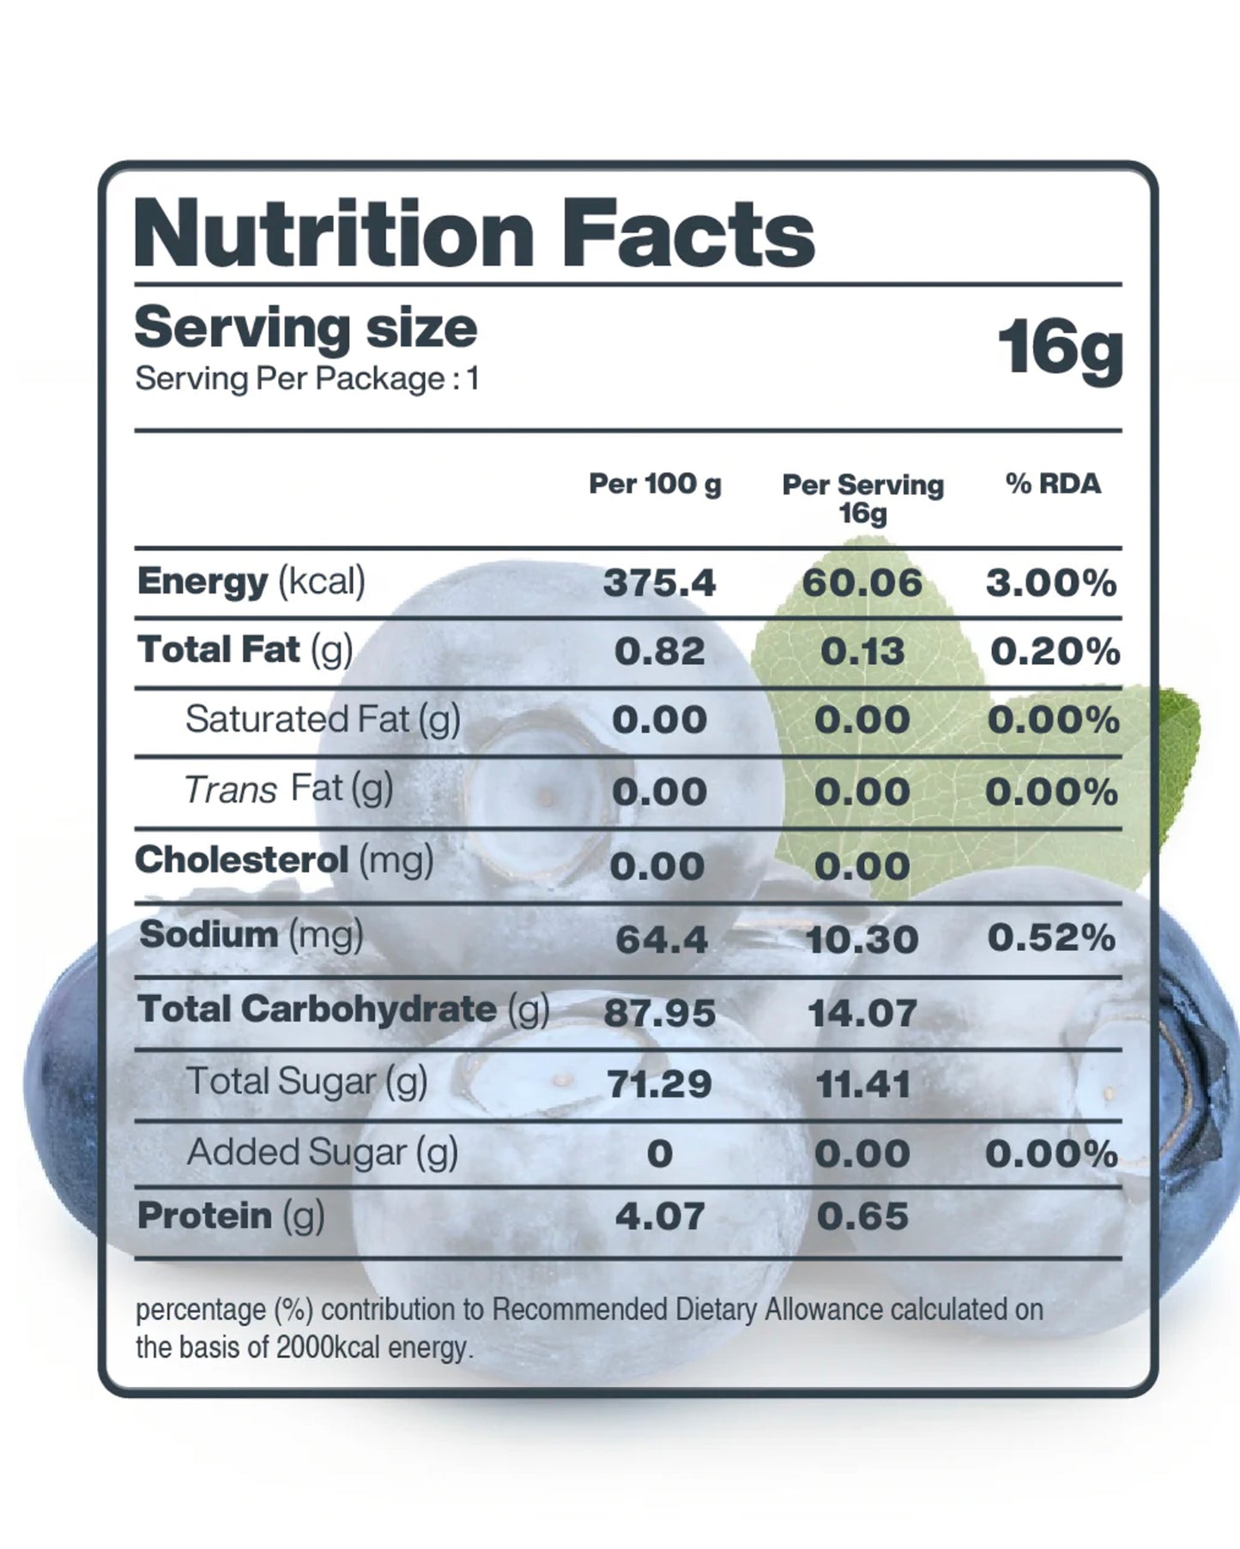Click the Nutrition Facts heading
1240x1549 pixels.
click(x=474, y=233)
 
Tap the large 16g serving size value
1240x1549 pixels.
click(x=1060, y=347)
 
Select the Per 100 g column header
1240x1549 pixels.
click(x=655, y=484)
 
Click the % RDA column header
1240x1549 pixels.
click(x=1053, y=484)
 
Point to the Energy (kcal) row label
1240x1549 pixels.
click(x=251, y=582)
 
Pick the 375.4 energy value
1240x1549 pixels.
click(x=659, y=583)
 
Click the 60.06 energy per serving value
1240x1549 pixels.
click(x=862, y=583)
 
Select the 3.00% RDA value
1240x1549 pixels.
click(x=1051, y=583)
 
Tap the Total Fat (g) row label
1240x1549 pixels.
click(x=245, y=650)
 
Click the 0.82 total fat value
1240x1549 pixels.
click(x=659, y=652)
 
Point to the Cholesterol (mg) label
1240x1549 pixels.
click(x=284, y=860)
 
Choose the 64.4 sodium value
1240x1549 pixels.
click(x=661, y=940)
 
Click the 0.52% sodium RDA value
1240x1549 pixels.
click(x=1051, y=938)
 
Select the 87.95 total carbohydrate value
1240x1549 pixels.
click(x=659, y=1013)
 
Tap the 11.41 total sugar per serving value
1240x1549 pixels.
click(x=862, y=1085)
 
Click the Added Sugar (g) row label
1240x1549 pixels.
click(x=322, y=1153)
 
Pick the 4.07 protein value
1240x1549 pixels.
click(x=659, y=1216)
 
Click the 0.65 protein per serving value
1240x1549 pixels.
click(x=862, y=1216)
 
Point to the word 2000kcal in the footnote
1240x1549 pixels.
click(x=329, y=1347)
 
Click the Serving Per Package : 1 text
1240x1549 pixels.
click(x=306, y=379)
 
